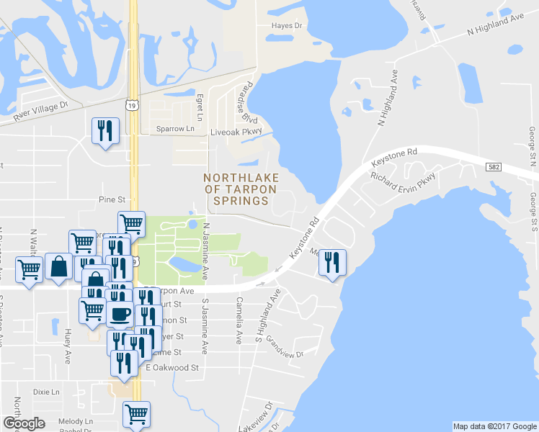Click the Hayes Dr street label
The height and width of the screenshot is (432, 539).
point(286,24)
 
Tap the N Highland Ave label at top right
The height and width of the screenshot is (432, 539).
point(495,25)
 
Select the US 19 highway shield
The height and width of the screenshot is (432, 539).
point(131,105)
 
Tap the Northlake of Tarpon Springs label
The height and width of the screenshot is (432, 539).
point(237,189)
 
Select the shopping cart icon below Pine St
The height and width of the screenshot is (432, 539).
point(131,224)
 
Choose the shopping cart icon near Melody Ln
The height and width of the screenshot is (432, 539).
point(135,414)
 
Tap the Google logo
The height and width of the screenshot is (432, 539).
point(23,423)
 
